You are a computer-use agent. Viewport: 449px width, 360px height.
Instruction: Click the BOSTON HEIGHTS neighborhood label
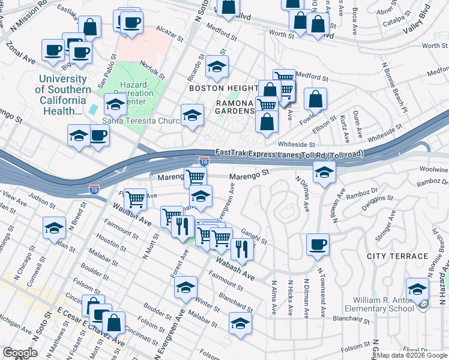coord(223,88)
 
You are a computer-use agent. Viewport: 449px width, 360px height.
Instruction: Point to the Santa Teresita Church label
coord(141,121)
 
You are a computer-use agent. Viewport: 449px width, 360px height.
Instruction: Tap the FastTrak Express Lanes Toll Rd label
coord(290,154)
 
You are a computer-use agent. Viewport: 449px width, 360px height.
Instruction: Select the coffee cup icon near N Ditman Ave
coord(318,244)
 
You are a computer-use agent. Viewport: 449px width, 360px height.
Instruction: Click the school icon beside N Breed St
coord(54,227)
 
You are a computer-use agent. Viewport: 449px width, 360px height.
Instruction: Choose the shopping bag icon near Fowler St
coord(315,98)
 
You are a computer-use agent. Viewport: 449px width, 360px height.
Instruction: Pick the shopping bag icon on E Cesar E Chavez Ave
coord(113,322)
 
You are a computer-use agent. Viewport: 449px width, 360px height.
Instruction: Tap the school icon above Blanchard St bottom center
coord(240,323)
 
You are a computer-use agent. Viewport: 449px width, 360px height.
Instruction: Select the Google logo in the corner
coord(20,353)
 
